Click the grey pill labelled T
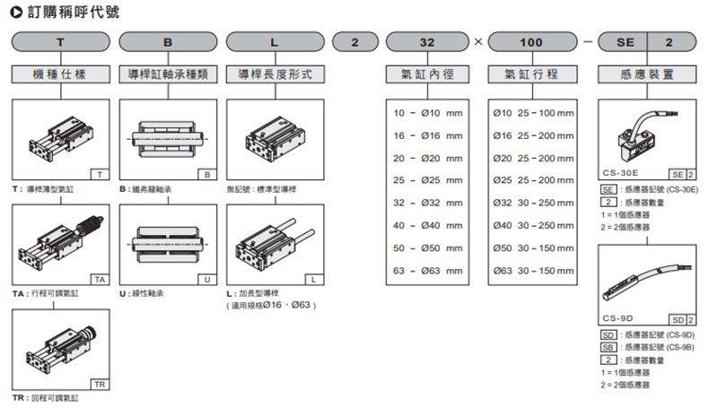pyautogui.click(x=60, y=43)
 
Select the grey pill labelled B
pyautogui.click(x=168, y=43)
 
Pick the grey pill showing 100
pyautogui.click(x=532, y=43)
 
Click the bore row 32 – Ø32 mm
pyautogui.click(x=428, y=203)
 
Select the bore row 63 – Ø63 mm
pyautogui.click(x=428, y=270)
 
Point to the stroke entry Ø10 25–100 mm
pyautogui.click(x=533, y=114)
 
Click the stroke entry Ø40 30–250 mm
pyautogui.click(x=533, y=225)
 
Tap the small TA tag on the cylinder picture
pyautogui.click(x=98, y=280)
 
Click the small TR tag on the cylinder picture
pyautogui.click(x=98, y=383)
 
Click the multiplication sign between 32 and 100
pyautogui.click(x=478, y=43)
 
